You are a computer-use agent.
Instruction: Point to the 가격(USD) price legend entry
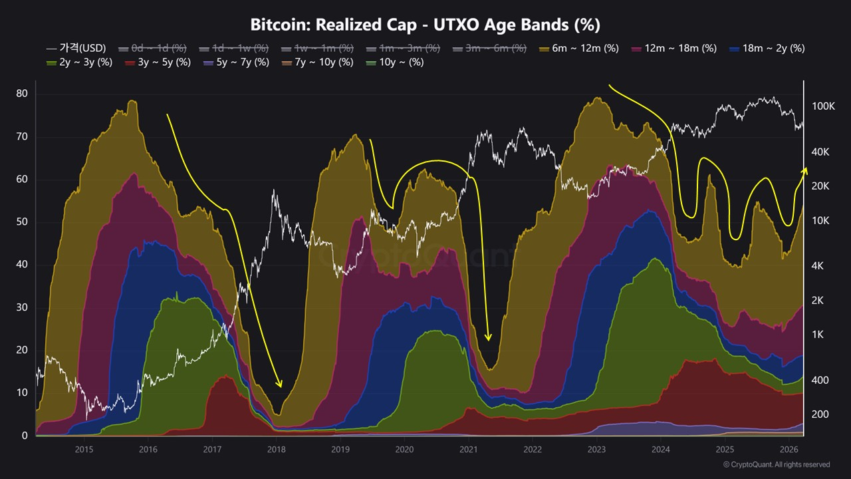coord(77,48)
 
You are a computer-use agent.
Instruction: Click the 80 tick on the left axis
coord(22,94)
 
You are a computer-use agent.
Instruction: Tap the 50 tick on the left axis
coord(22,222)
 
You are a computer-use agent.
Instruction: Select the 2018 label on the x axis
coord(276,449)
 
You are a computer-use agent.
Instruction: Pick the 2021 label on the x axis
coord(468,449)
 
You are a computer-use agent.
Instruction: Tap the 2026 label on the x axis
coord(789,449)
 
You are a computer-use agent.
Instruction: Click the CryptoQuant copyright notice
coord(776,464)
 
